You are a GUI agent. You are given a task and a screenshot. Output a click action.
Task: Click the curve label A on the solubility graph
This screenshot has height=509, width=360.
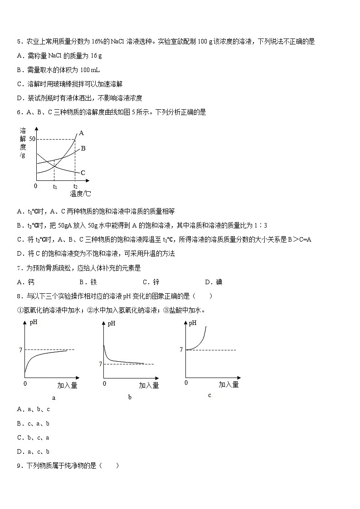pyautogui.click(x=82, y=133)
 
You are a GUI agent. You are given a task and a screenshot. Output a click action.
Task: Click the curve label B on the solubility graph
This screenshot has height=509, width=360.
pyautogui.click(x=83, y=148)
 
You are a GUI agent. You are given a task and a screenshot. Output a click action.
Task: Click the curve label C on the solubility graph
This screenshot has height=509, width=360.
pyautogui.click(x=83, y=173)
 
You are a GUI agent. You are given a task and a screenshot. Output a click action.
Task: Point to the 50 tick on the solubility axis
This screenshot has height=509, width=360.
pyautogui.click(x=32, y=139)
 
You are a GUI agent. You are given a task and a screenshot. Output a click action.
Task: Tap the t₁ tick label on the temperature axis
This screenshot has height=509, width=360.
pyautogui.click(x=55, y=187)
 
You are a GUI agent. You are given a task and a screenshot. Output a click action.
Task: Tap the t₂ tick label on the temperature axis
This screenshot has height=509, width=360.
pyautogui.click(x=75, y=187)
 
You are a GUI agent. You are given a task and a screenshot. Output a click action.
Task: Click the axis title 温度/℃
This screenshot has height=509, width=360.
pyautogui.click(x=80, y=194)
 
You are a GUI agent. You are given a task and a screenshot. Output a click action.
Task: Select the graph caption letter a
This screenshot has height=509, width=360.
pyautogui.click(x=54, y=398)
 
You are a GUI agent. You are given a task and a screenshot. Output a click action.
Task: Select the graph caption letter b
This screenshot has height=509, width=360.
pyautogui.click(x=130, y=398)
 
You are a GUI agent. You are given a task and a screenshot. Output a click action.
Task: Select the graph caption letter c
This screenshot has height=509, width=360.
pyautogui.click(x=209, y=395)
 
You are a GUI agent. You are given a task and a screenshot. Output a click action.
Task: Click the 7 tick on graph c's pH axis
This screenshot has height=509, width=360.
pyautogui.click(x=181, y=349)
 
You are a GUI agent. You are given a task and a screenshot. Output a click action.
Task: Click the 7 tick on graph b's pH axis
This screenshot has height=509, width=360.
pyautogui.click(x=100, y=364)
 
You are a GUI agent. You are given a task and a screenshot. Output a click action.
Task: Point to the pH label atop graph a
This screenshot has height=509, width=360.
pyautogui.click(x=34, y=323)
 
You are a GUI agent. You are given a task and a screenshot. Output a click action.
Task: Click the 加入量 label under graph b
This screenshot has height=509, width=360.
pyautogui.click(x=149, y=385)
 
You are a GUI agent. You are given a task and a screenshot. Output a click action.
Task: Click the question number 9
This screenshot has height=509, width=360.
pyautogui.click(x=19, y=465)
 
